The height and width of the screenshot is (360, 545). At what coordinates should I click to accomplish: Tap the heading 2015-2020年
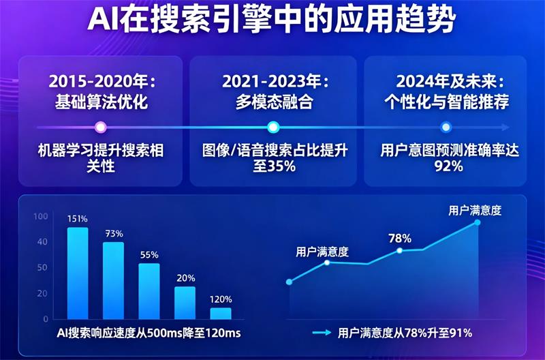pyautogui.click(x=102, y=81)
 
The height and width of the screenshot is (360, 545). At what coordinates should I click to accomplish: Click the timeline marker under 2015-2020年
pyautogui.click(x=101, y=127)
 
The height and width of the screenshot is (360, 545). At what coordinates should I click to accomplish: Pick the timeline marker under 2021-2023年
pyautogui.click(x=273, y=127)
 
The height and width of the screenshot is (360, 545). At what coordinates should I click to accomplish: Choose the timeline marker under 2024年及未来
pyautogui.click(x=446, y=127)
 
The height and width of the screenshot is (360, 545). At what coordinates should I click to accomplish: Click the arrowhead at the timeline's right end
pyautogui.click(x=504, y=127)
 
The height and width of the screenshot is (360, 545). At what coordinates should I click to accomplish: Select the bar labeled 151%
pyautogui.click(x=77, y=273)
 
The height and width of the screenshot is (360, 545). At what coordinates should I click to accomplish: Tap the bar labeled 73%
pyautogui.click(x=113, y=280)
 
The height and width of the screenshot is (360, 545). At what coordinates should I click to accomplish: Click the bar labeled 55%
pyautogui.click(x=149, y=291)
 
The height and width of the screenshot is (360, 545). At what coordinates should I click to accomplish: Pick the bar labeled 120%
pyautogui.click(x=220, y=313)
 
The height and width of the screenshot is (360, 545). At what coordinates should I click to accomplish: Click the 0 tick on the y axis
pyautogui.click(x=46, y=318)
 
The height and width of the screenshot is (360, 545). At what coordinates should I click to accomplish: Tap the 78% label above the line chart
pyautogui.click(x=399, y=239)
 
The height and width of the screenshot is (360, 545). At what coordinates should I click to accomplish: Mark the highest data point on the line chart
pyautogui.click(x=477, y=223)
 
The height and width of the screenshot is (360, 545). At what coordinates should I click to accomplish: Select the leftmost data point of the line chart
pyautogui.click(x=289, y=282)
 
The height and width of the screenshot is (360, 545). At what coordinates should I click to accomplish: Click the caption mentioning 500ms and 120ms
pyautogui.click(x=149, y=333)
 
